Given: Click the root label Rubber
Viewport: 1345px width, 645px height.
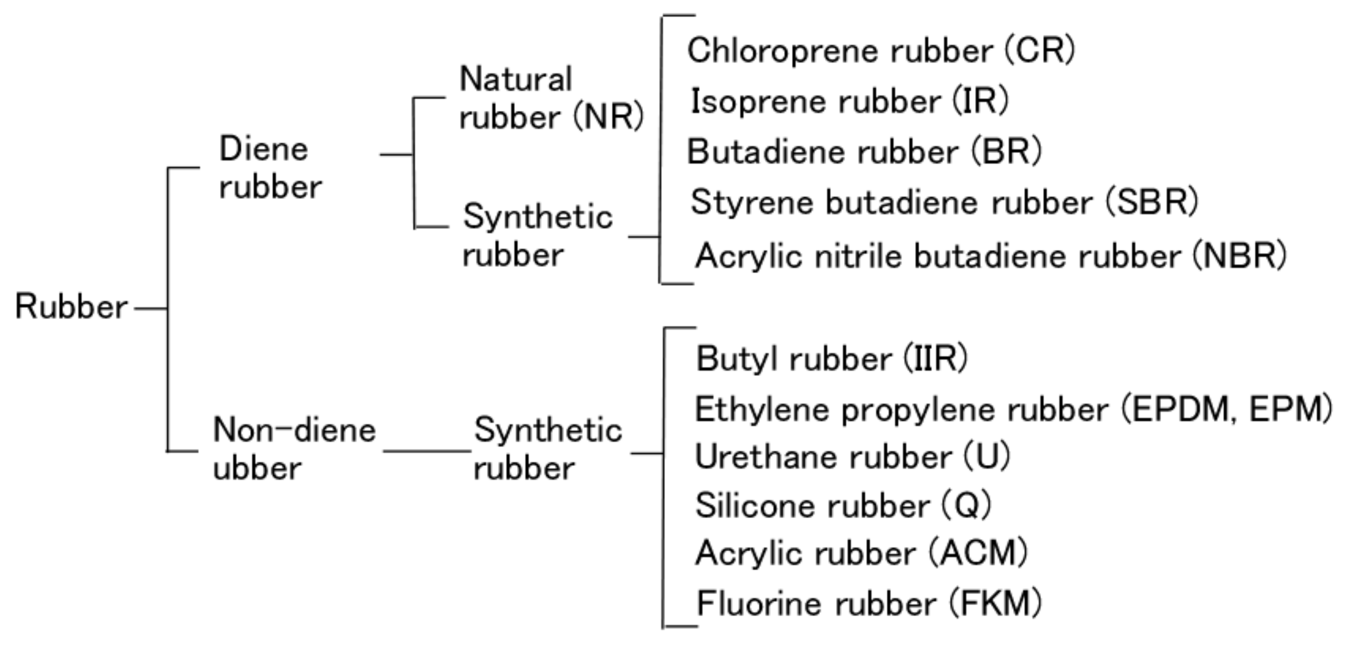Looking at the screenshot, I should click(x=71, y=306).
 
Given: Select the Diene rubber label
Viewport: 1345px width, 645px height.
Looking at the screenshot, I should click(x=270, y=167).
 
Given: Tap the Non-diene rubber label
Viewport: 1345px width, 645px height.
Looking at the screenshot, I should click(x=294, y=449).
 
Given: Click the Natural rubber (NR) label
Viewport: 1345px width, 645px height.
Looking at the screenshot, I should click(x=551, y=98).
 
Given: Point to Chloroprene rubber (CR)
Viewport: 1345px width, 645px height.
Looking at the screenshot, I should click(x=881, y=51).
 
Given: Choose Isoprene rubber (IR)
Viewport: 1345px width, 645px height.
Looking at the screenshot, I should click(x=849, y=101).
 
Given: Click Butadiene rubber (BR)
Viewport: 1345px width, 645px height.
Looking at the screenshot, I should click(x=864, y=151).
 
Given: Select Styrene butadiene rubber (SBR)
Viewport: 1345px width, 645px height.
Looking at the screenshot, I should click(x=944, y=202).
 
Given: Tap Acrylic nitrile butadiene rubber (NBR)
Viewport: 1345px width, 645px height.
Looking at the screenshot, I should click(x=990, y=256).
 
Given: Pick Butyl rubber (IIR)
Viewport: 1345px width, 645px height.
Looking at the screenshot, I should click(x=831, y=359).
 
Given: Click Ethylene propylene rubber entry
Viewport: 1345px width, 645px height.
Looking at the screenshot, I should click(x=1013, y=409).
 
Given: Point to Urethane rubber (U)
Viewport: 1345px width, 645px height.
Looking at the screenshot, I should click(x=852, y=457).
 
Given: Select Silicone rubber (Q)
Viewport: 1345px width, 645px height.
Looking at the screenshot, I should click(x=843, y=505).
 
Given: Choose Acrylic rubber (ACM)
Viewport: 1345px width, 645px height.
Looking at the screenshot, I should click(x=861, y=553).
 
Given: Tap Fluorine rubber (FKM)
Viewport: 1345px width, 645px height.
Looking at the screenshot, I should click(x=868, y=603).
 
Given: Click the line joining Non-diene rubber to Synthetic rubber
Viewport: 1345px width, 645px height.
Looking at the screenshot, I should click(x=427, y=451).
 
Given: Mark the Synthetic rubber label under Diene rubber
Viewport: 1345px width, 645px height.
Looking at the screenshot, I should click(x=538, y=236).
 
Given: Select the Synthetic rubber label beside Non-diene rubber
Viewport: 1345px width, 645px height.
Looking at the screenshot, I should click(x=548, y=449).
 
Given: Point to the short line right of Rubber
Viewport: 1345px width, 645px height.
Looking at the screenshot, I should click(x=150, y=309).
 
